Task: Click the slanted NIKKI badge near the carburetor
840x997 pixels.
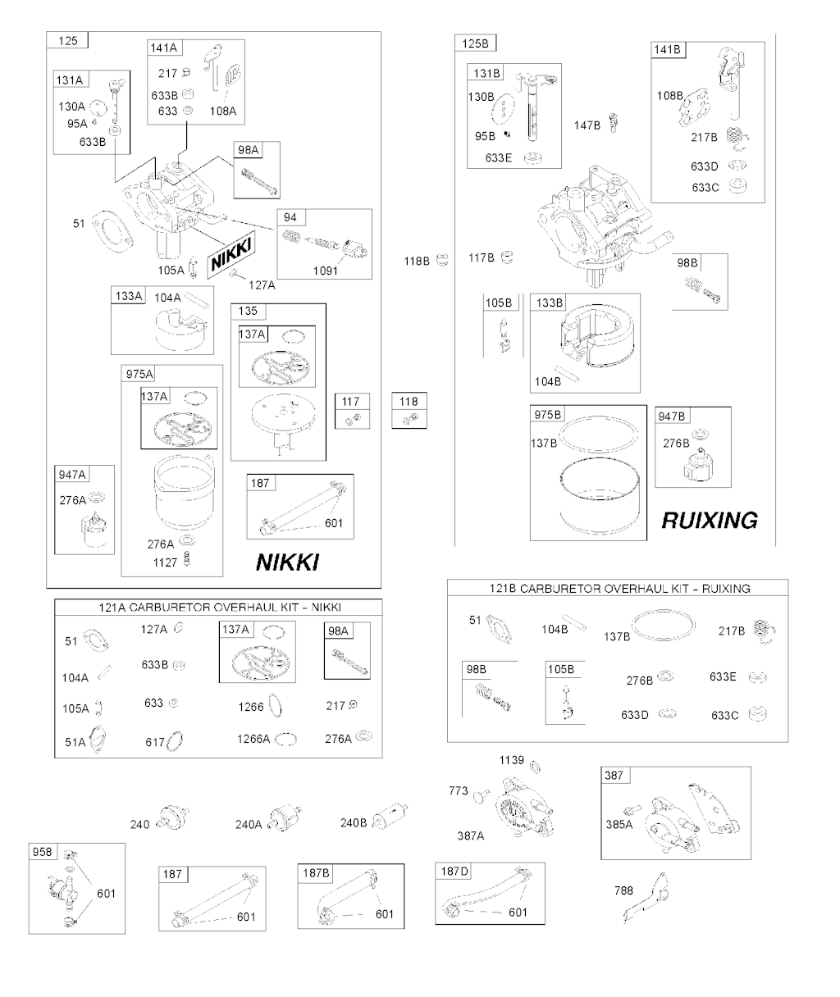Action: coord(231,255)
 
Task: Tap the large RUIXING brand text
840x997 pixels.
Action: coord(710,521)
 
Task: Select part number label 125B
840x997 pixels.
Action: coord(475,43)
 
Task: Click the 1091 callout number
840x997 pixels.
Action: coord(326,271)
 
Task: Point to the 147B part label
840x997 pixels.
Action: coord(587,125)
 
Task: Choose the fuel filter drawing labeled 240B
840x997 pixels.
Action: coord(390,816)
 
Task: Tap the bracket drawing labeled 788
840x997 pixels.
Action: coord(646,897)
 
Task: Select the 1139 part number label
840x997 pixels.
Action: coord(512,760)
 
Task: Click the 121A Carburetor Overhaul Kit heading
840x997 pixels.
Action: coord(219,607)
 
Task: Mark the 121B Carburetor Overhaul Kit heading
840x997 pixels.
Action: coord(619,588)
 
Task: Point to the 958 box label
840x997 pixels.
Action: coord(42,852)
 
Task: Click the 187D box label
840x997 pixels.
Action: coord(454,872)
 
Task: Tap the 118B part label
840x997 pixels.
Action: coord(417,262)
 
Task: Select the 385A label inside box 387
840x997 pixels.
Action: coord(619,824)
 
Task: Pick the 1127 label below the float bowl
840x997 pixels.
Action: coord(166,562)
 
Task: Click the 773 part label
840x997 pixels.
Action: coord(459,790)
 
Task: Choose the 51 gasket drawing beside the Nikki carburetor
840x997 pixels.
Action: coord(112,231)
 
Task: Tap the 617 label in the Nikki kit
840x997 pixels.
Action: coord(155,742)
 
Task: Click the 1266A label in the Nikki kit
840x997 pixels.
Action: coord(253,739)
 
